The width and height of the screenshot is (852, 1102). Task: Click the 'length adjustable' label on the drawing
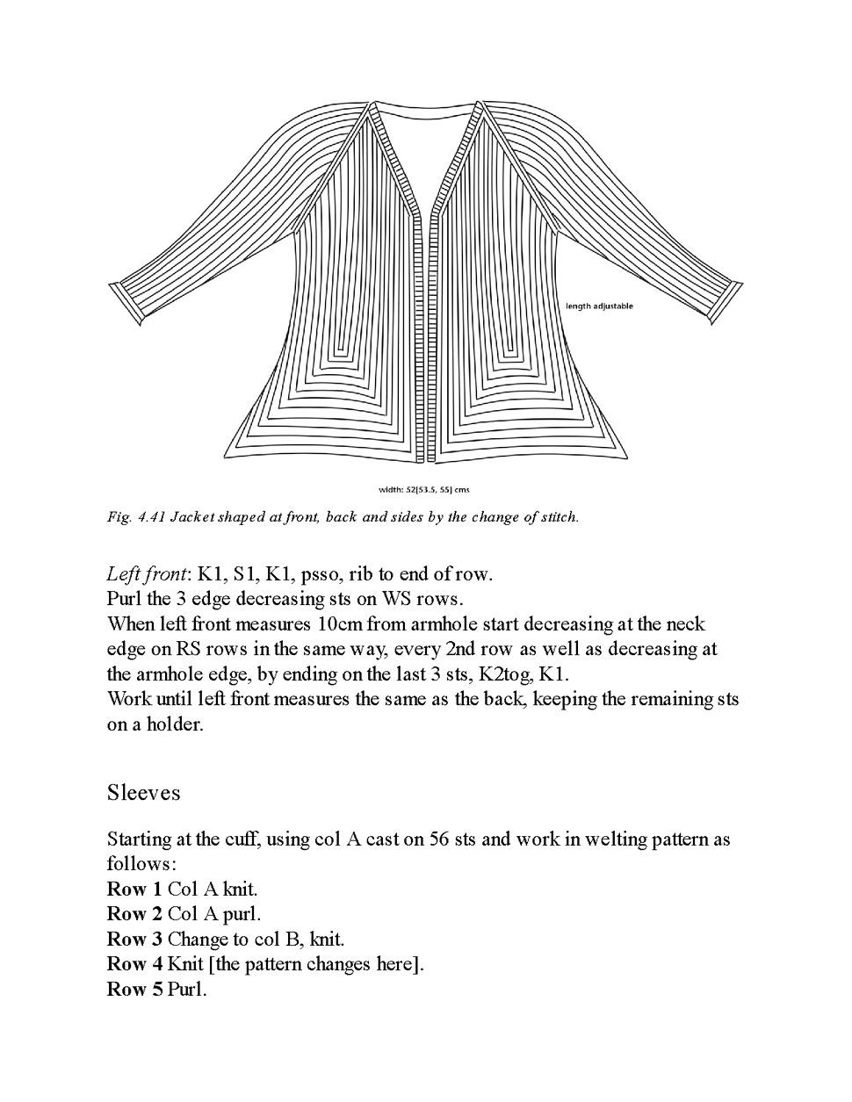pos(599,306)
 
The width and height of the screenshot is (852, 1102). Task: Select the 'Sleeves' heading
pos(143,792)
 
